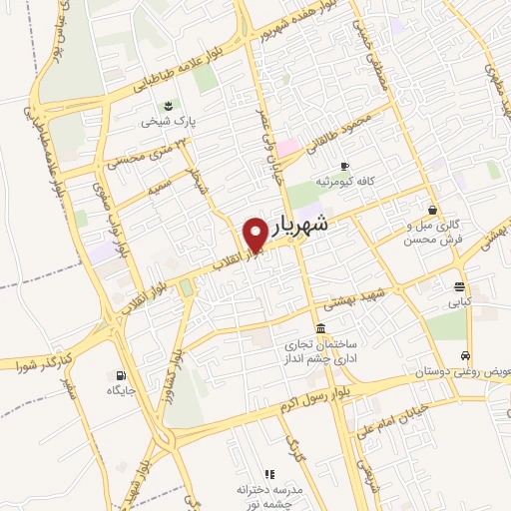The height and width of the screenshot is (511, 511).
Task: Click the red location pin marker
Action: pyautogui.click(x=255, y=234)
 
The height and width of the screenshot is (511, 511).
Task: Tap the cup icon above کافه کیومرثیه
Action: pyautogui.click(x=344, y=166)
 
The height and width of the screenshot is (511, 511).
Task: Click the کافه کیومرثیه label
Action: pyautogui.click(x=344, y=182)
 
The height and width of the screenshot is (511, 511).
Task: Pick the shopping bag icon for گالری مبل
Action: pyautogui.click(x=432, y=210)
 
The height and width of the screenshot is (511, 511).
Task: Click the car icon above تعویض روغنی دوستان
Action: pyautogui.click(x=465, y=355)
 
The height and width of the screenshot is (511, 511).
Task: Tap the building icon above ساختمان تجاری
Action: pyautogui.click(x=319, y=329)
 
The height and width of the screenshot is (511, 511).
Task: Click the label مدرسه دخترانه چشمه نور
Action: pyautogui.click(x=268, y=490)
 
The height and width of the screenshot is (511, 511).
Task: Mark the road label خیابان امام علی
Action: pyautogui.click(x=394, y=414)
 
